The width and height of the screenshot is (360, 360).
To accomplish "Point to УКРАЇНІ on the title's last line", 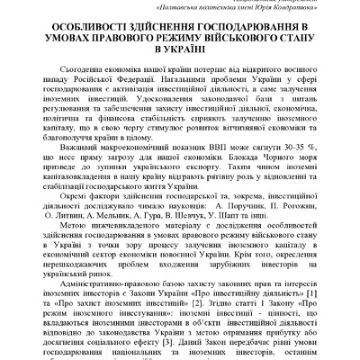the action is pos(179,53).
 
